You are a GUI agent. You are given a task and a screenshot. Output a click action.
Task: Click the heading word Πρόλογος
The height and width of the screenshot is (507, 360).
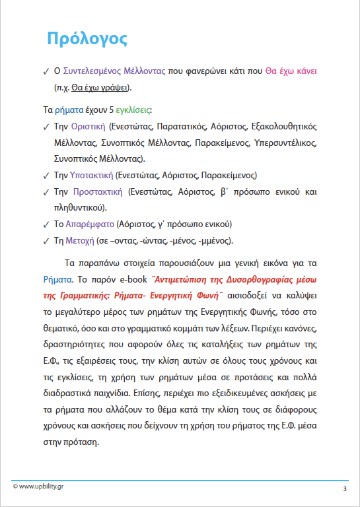(87, 38)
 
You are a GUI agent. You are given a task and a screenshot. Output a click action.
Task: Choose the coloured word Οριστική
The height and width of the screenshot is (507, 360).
(89, 126)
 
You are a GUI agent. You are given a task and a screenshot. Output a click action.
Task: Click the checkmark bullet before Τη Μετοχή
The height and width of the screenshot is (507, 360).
(45, 241)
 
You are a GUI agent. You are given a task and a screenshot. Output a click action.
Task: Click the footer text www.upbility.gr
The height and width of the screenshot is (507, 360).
(41, 487)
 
